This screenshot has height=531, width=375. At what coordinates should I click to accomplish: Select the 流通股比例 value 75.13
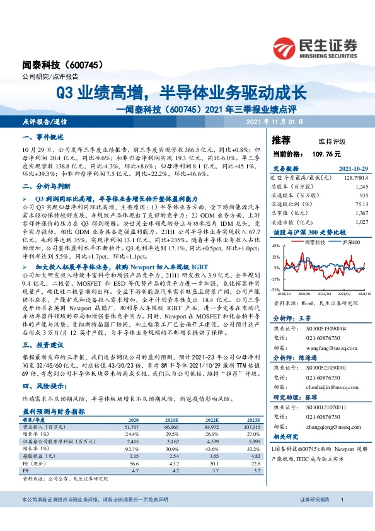(359, 203)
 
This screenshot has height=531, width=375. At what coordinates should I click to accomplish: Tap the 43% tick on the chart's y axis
(276, 247)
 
